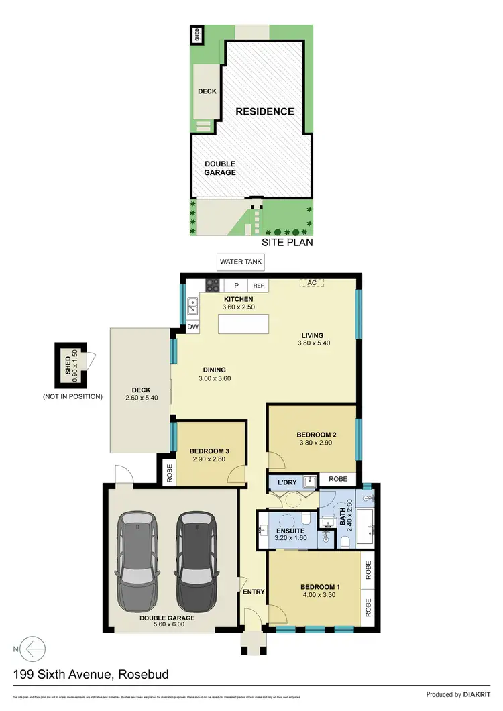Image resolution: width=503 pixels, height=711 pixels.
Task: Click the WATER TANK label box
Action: [241, 262]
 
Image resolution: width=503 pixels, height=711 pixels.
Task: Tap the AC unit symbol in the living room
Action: [311, 283]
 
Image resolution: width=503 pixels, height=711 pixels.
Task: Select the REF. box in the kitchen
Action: [259, 285]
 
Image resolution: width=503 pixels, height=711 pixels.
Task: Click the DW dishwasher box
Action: [192, 327]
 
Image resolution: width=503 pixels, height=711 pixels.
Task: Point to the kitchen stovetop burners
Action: [213, 285]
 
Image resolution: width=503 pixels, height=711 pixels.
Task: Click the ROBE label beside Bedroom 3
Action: [167, 470]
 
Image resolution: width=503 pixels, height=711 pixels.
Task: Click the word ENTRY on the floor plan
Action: [254, 592]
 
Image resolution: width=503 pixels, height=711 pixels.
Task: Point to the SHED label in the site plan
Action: [197, 34]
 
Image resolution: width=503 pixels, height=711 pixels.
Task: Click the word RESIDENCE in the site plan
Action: [264, 111]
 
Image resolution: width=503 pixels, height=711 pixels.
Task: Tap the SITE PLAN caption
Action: [287, 243]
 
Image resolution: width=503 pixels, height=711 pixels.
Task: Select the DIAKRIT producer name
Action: [480, 694]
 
